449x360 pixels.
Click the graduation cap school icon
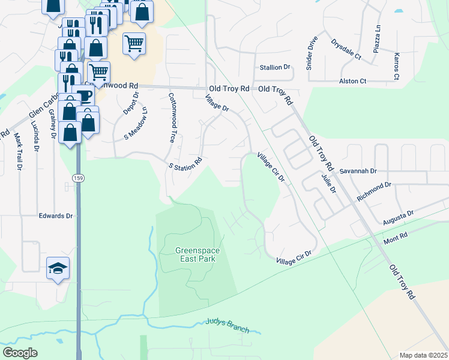58,268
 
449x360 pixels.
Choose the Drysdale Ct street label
346,50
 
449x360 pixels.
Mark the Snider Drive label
312,53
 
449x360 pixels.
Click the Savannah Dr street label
357,171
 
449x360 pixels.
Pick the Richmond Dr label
373,192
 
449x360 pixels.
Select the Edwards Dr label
55,215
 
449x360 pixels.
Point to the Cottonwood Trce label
172,117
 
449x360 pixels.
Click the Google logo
20,353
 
